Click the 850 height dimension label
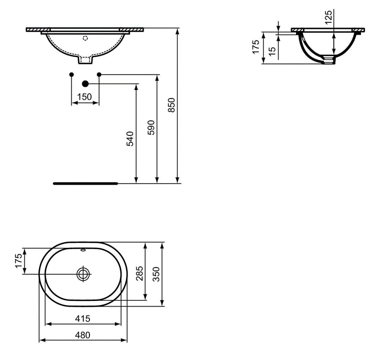[172, 105]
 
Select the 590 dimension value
[151, 127]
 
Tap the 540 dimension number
[130, 139]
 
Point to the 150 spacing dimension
[85, 97]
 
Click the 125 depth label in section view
[328, 17]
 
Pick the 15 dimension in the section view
[272, 51]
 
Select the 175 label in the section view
[256, 47]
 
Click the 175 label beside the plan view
[18, 261]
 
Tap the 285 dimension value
[139, 274]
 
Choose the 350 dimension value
[156, 274]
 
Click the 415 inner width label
[83, 319]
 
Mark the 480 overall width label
[83, 335]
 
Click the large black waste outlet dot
[85, 84]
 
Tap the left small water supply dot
[71, 74]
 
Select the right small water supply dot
[99, 74]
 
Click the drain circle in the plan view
[83, 274]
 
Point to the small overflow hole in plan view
[83, 250]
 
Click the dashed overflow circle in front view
[85, 38]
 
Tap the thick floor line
[85, 183]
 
